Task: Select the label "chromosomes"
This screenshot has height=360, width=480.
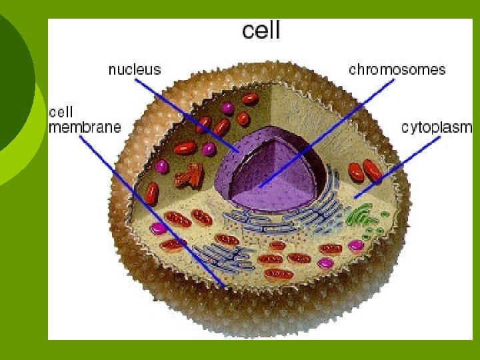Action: [397, 69]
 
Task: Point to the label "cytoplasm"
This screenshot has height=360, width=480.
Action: [436, 127]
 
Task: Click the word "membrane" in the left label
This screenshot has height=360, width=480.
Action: [85, 127]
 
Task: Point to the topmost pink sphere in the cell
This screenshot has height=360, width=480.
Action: [228, 107]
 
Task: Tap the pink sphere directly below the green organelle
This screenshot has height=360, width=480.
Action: [357, 245]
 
